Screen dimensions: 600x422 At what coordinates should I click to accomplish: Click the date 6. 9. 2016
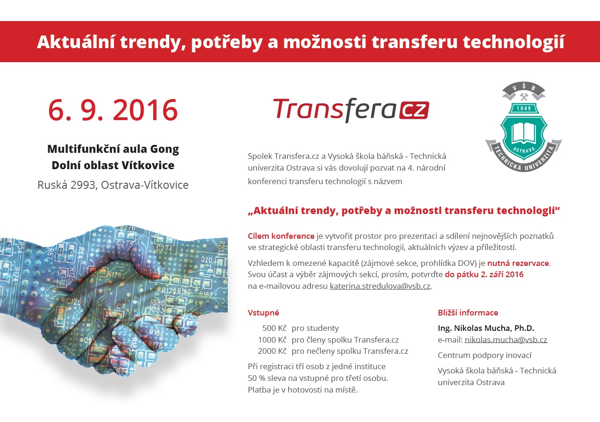(x=113, y=110)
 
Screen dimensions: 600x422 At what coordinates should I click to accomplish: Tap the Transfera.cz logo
(x=351, y=110)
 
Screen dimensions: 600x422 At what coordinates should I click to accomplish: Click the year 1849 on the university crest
(x=524, y=108)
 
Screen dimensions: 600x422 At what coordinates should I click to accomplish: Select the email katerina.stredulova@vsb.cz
(x=380, y=286)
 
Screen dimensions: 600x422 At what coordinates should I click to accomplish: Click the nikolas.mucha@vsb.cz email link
(x=506, y=340)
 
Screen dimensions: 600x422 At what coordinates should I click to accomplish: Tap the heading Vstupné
(x=263, y=313)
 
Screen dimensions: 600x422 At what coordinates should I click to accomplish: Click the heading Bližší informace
(x=468, y=313)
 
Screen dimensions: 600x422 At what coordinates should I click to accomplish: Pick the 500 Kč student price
(x=275, y=328)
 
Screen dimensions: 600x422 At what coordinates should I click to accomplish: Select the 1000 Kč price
(x=272, y=340)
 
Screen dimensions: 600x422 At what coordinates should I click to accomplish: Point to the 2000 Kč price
(x=272, y=351)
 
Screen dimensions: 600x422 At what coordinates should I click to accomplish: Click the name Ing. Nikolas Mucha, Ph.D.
(x=486, y=328)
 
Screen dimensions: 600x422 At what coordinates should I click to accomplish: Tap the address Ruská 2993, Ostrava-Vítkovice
(x=113, y=185)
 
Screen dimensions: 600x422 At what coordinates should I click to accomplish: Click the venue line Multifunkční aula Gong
(x=113, y=149)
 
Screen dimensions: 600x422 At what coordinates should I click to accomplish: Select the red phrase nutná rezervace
(x=518, y=263)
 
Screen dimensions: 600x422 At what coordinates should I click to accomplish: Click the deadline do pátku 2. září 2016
(x=484, y=274)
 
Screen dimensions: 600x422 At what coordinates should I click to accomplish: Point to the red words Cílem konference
(x=281, y=236)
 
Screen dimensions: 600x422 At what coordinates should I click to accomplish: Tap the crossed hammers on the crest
(x=524, y=97)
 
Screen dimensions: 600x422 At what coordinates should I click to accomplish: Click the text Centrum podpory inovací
(x=484, y=355)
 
